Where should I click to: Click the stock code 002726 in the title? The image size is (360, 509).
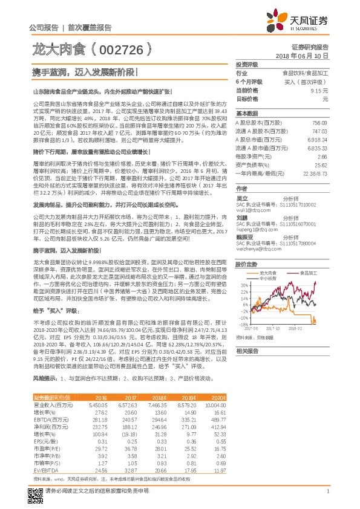click(x=120, y=47)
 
